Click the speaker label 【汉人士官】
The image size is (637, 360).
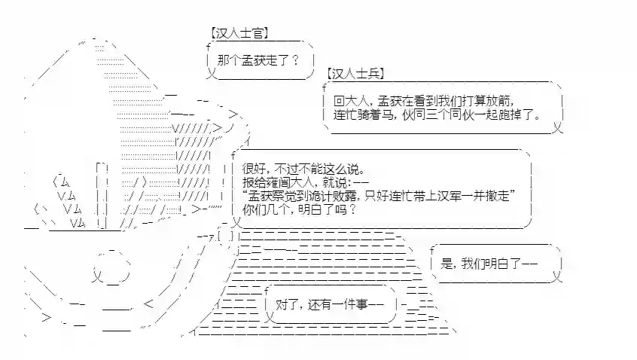pyautogui.click(x=239, y=35)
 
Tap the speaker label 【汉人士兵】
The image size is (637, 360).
pyautogui.click(x=355, y=74)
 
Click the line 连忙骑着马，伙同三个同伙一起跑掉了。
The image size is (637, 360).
pyautogui.click(x=437, y=115)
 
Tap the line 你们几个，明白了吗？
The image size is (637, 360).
pyautogui.click(x=299, y=210)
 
